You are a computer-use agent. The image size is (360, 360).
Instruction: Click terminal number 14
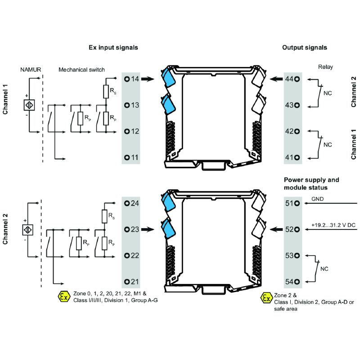tap(132, 79)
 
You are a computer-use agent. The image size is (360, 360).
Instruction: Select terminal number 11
tap(132, 157)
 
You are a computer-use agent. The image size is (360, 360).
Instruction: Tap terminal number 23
tap(132, 229)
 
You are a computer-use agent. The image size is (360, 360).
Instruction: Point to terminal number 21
tap(132, 282)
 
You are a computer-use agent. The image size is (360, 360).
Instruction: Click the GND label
tap(317, 198)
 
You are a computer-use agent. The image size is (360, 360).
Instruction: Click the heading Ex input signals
tap(113, 47)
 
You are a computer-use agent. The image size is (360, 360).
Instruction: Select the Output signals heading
tap(305, 47)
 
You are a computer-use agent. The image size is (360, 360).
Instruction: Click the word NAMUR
tap(30, 70)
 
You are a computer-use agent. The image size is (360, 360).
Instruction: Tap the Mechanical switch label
tap(81, 70)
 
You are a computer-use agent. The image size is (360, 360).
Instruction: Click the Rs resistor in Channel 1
tap(106, 92)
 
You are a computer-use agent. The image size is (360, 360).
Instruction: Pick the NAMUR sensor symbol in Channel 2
tap(28, 229)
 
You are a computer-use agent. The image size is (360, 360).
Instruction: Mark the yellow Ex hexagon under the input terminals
tap(64, 297)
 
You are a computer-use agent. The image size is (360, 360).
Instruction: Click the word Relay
tap(325, 66)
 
